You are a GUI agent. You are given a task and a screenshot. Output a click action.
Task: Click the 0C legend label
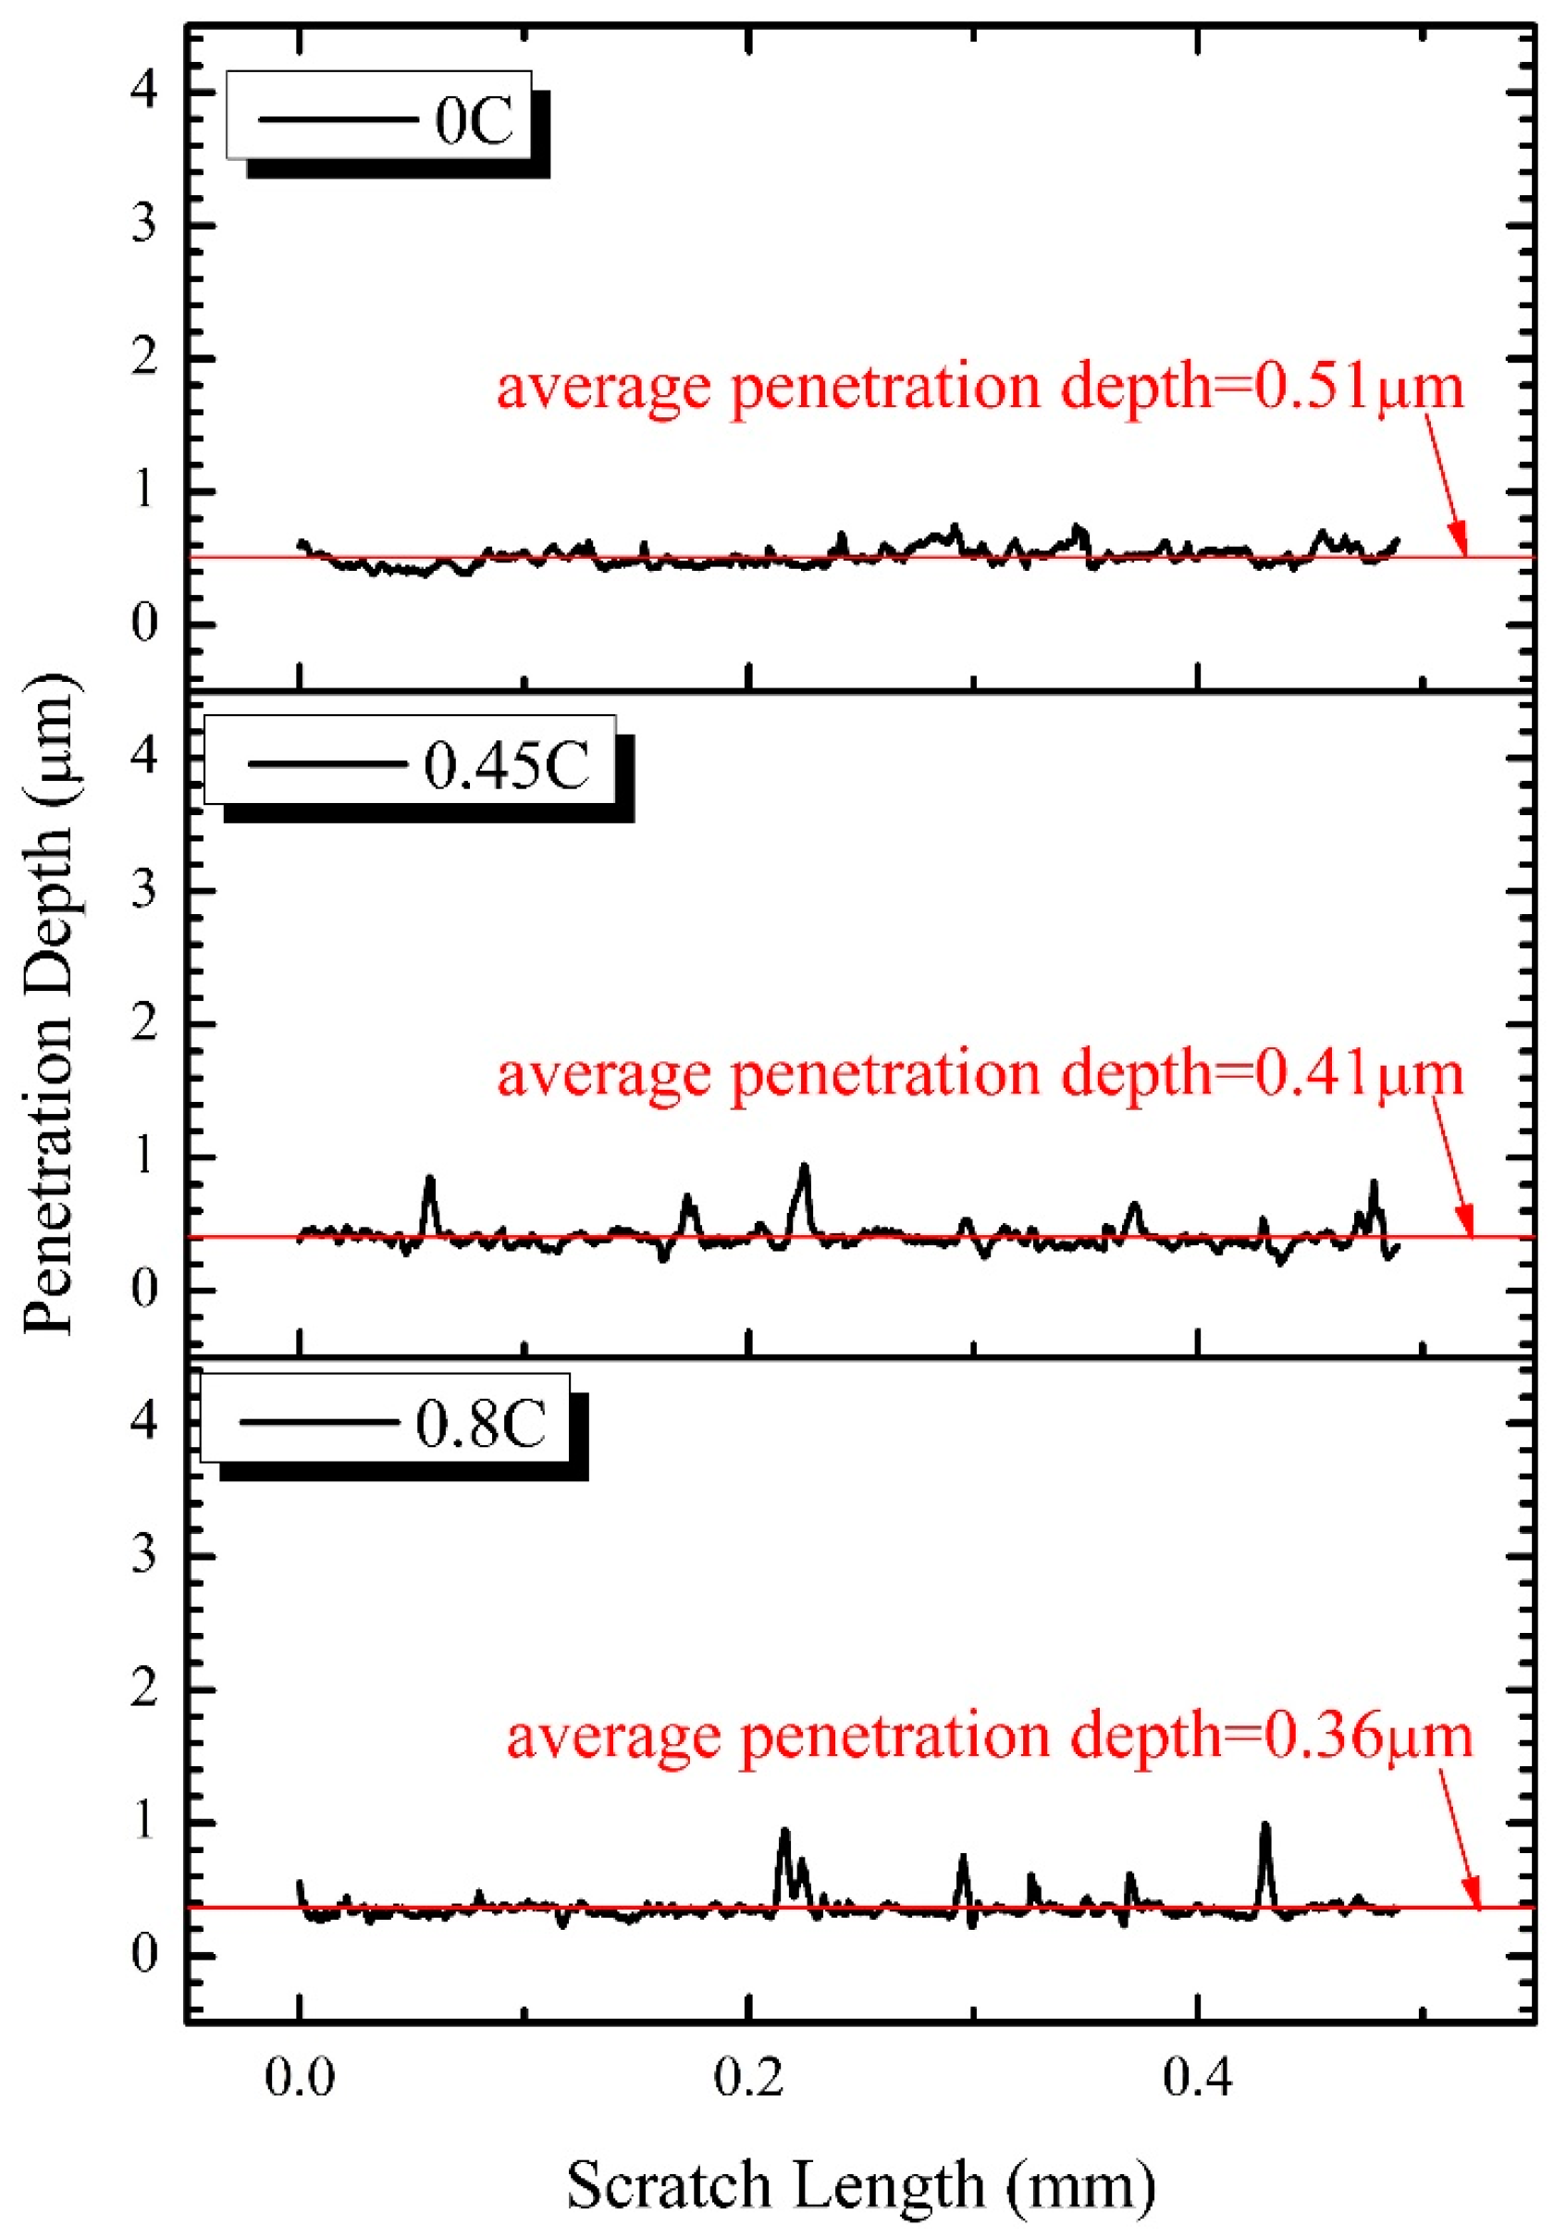[474, 122]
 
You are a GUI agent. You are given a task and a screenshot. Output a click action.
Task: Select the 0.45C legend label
[506, 764]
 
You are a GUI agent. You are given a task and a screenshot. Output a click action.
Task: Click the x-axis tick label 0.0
[300, 2077]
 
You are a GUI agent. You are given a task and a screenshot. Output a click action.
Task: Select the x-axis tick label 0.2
[747, 2077]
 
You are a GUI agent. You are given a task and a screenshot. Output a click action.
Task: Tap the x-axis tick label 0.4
[1197, 2077]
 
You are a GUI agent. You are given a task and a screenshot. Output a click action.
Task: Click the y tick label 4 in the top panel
[144, 93]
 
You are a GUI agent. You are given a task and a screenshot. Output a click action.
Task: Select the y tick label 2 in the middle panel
[144, 1024]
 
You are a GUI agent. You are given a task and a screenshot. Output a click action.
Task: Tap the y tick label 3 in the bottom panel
[144, 1555]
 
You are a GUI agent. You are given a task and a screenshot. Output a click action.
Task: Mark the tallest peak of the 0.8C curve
[1264, 1825]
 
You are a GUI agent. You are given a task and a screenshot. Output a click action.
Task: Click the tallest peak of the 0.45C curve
[804, 1166]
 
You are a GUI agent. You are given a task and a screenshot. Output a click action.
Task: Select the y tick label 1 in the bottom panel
[144, 1820]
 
